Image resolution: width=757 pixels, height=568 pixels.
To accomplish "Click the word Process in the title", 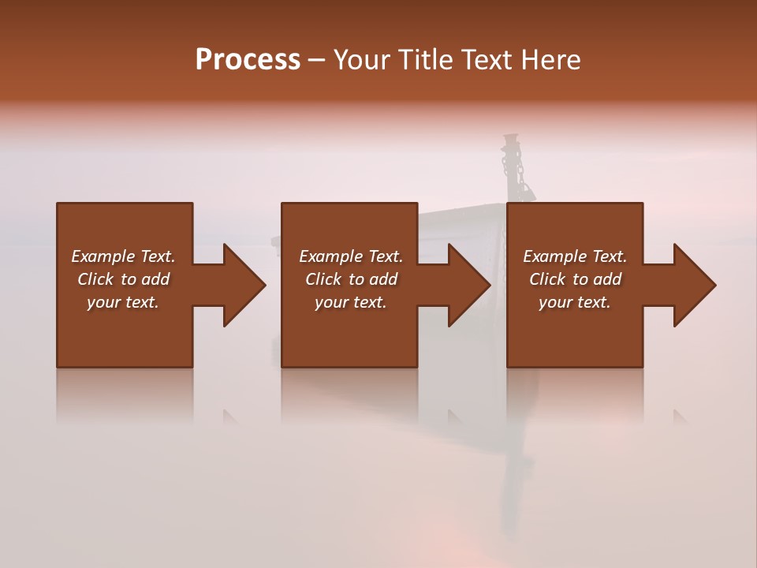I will [248, 60].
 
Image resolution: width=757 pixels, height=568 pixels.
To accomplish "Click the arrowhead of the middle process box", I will [469, 285].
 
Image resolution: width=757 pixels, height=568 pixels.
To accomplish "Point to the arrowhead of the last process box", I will [695, 285].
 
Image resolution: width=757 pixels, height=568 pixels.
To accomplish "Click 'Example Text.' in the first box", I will [123, 256].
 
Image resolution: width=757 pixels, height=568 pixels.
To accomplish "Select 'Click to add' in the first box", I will [123, 279].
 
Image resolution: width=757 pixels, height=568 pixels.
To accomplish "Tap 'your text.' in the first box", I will [123, 302].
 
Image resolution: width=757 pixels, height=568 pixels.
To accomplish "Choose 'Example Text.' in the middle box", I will [350, 256].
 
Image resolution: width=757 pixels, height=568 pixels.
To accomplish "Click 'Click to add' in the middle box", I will [350, 279].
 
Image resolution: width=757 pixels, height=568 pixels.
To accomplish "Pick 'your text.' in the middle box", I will [350, 302].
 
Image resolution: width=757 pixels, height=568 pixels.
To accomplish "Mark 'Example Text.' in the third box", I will [575, 256].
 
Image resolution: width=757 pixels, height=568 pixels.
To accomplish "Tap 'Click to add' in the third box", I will [575, 279].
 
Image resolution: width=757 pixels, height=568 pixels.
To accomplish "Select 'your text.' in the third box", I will [575, 302].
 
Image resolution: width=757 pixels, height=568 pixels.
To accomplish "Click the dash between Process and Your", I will [317, 61].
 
